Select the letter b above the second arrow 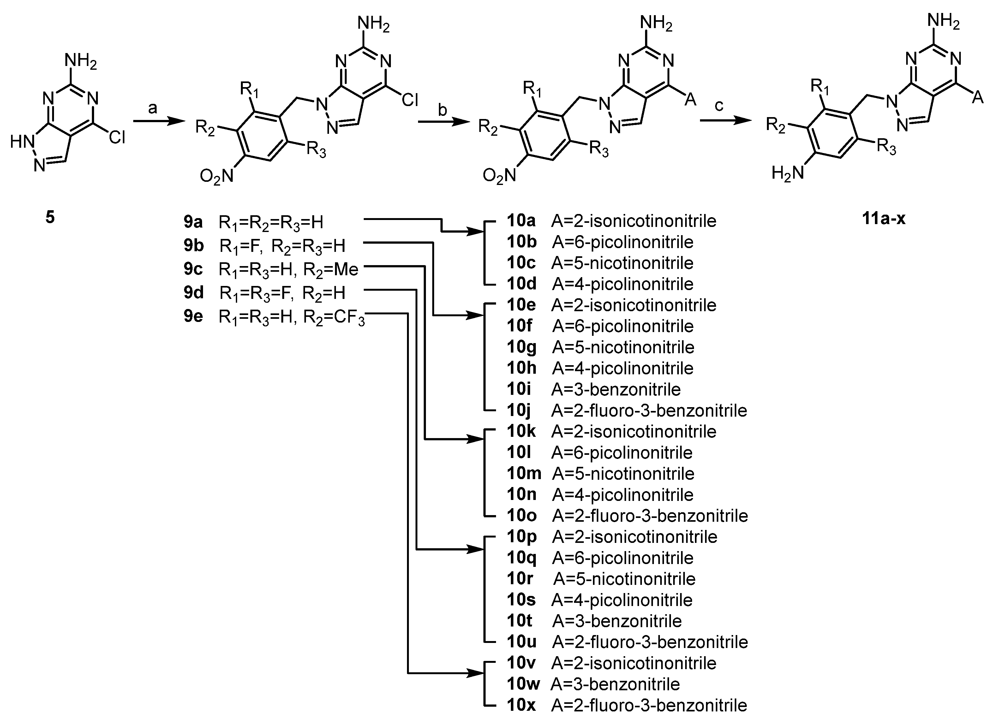[443, 110]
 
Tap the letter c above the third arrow [719, 105]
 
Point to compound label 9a [193, 222]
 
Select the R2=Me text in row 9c [331, 270]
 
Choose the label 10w [523, 684]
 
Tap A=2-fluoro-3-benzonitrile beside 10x [649, 705]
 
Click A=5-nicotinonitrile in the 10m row [624, 473]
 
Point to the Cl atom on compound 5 [117, 138]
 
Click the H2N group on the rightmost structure [788, 174]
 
